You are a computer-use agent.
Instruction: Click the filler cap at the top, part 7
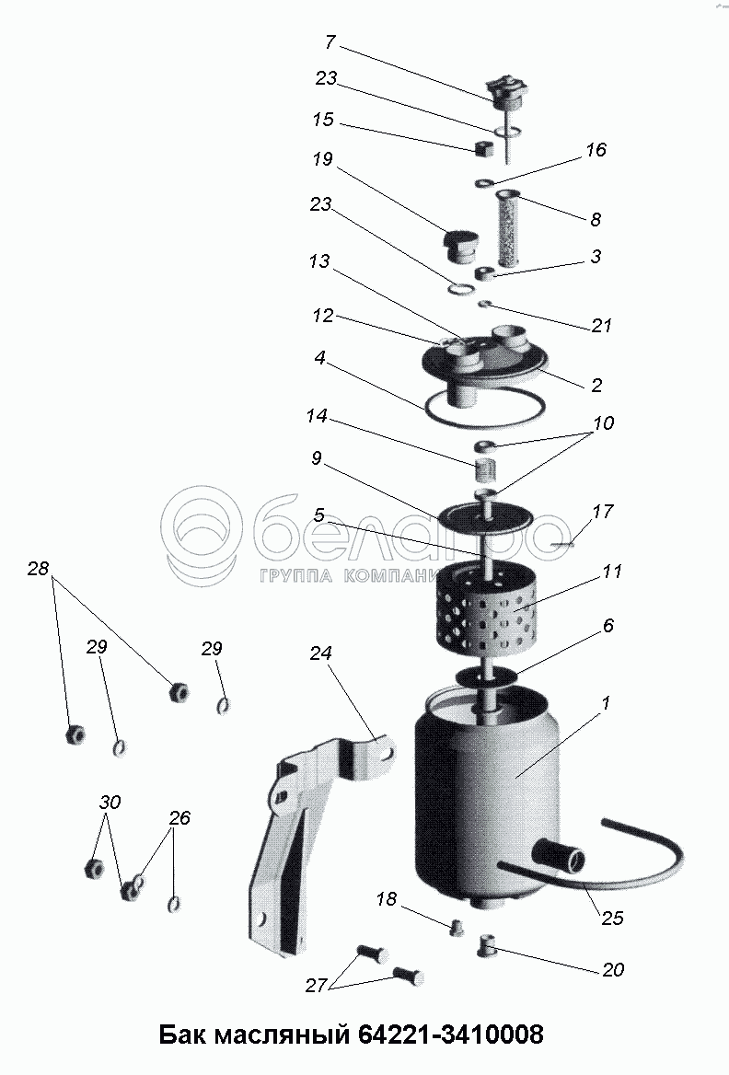[x=507, y=93]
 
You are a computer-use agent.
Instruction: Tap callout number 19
[x=322, y=159]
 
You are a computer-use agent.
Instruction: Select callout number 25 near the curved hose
[x=612, y=917]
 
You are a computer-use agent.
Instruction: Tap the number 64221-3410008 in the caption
[x=451, y=1034]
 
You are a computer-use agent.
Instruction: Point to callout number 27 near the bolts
[x=316, y=986]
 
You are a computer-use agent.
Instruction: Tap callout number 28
[x=39, y=569]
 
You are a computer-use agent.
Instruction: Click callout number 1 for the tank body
[x=605, y=703]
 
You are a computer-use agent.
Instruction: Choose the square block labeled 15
[x=485, y=147]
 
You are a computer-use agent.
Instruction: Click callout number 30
[x=110, y=802]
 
